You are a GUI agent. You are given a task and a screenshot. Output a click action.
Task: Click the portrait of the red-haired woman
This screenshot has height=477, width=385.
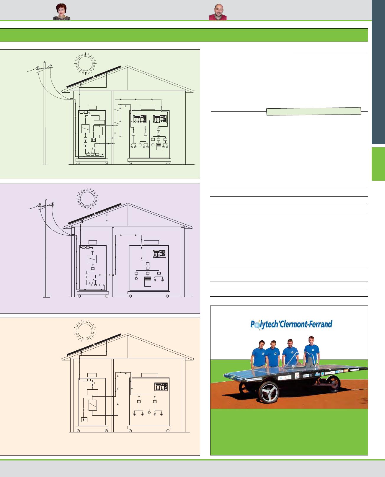[x=61, y=12]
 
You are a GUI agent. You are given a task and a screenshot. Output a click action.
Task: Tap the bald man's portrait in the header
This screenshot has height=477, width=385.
[x=218, y=12]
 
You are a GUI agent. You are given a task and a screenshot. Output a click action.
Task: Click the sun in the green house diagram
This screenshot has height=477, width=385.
[x=85, y=64]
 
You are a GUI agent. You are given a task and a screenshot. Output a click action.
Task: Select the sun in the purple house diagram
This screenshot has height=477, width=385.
[x=87, y=199]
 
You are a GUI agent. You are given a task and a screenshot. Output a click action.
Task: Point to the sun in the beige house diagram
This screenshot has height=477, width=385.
[x=85, y=331]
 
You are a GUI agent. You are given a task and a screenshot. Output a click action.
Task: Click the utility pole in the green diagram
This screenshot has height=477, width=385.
[x=45, y=113]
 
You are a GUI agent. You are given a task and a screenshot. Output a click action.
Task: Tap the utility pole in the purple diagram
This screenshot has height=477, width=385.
[x=46, y=248]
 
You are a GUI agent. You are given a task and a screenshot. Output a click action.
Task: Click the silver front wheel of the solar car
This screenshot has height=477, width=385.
[x=269, y=392]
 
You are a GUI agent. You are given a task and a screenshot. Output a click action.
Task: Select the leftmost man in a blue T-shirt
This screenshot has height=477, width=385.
[x=259, y=355]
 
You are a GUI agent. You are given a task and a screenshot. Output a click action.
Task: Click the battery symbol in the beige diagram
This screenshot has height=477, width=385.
[x=84, y=420]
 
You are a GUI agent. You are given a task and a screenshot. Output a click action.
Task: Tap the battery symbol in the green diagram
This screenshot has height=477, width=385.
[x=93, y=140]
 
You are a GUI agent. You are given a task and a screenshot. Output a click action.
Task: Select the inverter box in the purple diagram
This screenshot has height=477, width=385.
[x=93, y=259]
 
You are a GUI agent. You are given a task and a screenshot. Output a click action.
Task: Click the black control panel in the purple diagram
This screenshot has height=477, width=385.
[x=159, y=254]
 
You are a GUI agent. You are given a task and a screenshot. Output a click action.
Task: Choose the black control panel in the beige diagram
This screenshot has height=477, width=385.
[x=161, y=387]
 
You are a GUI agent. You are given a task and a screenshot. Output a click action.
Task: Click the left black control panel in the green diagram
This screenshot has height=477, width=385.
[x=140, y=119]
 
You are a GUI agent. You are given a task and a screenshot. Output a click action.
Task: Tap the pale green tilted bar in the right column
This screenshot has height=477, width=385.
[x=314, y=111]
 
